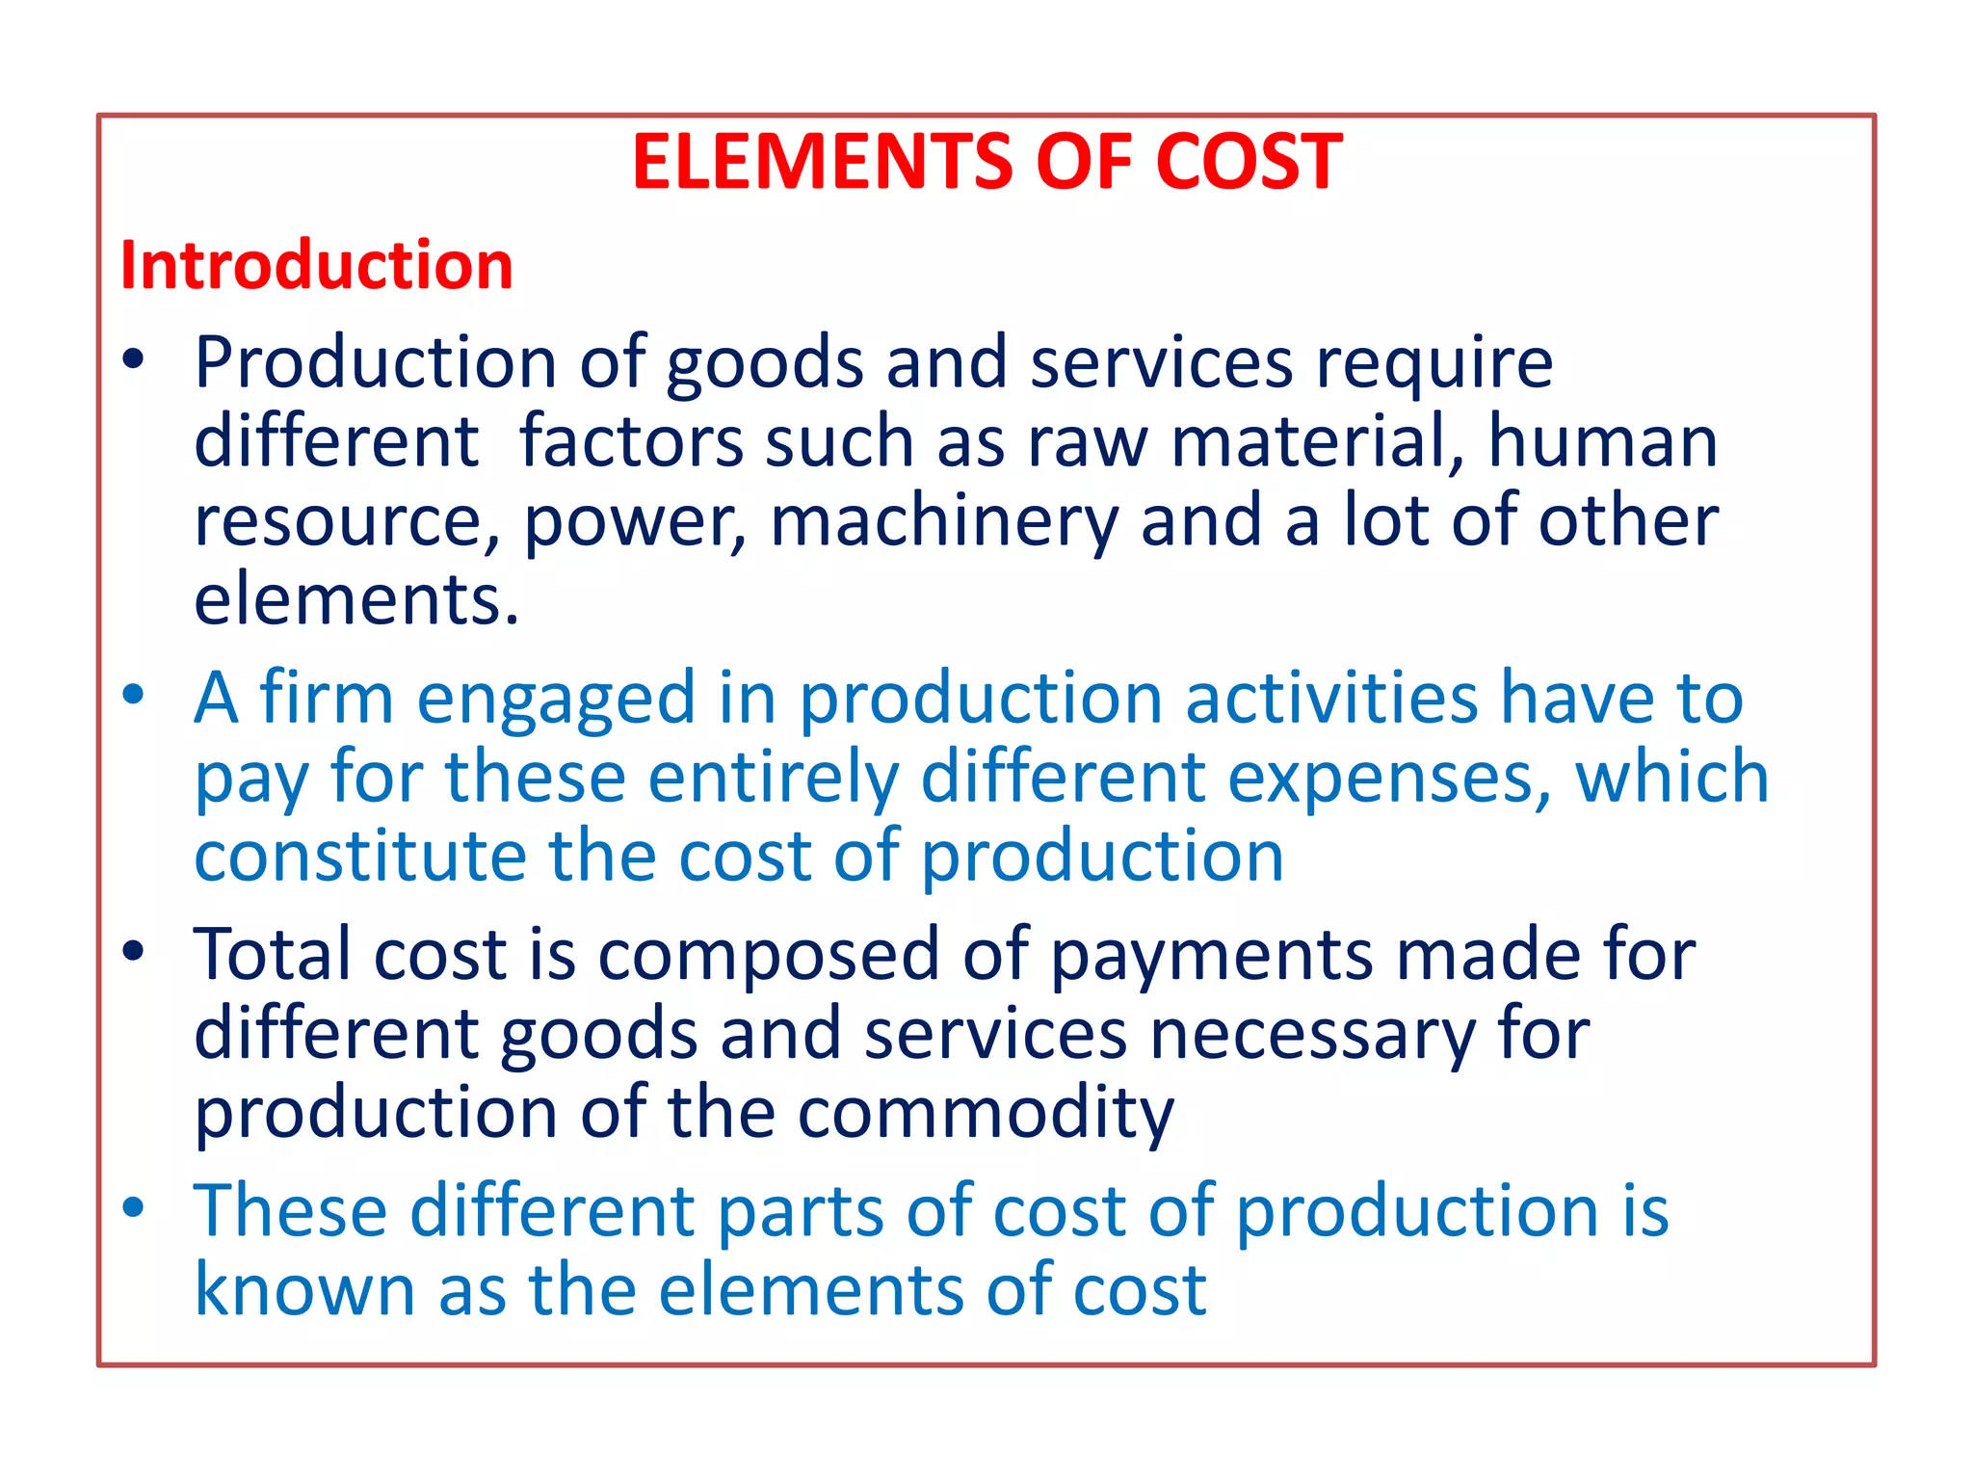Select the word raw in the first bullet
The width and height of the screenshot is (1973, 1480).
[1088, 441]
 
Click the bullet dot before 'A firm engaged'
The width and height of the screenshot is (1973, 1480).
[134, 694]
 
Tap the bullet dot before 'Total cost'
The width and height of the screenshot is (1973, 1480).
[134, 951]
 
